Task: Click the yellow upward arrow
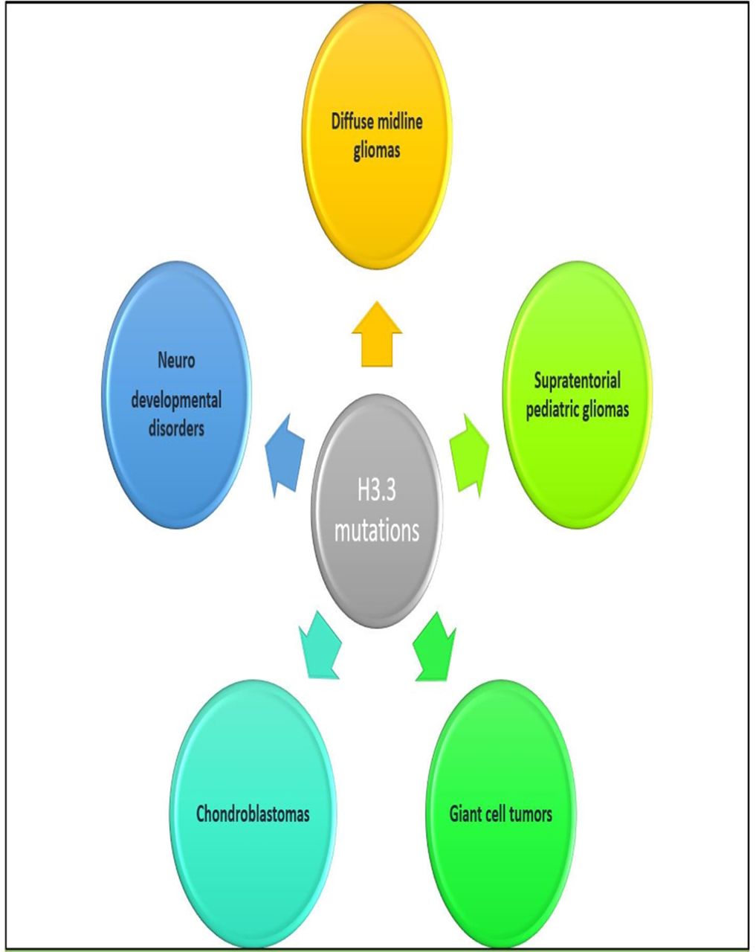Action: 377,335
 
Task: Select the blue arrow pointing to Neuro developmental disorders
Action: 284,456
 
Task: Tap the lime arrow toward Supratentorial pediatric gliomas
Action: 469,456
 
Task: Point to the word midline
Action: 396,121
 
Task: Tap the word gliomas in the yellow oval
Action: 377,150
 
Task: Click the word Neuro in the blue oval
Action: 176,361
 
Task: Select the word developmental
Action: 176,401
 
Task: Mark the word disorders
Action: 176,428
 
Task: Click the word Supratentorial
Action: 578,381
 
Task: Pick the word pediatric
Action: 552,410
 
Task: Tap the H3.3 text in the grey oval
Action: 377,491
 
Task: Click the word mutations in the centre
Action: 377,531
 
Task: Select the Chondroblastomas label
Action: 253,814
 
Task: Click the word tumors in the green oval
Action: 532,814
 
